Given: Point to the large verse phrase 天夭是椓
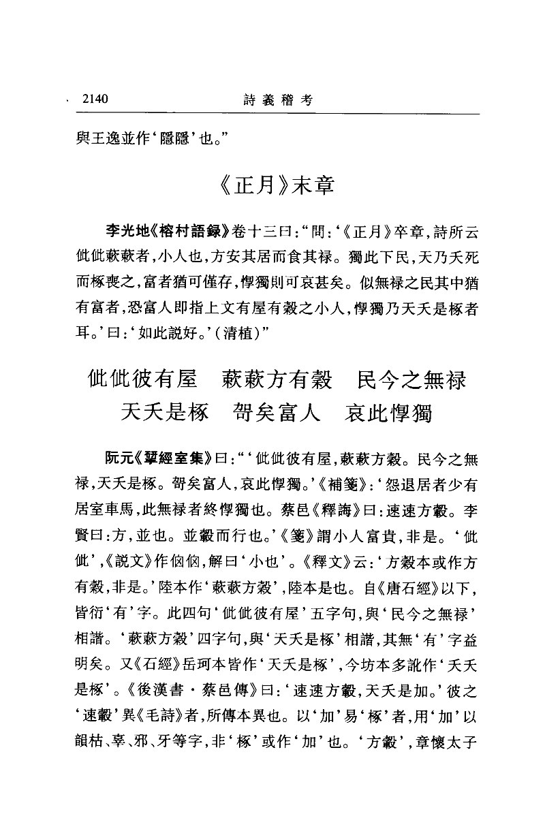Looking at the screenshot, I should [164, 412].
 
